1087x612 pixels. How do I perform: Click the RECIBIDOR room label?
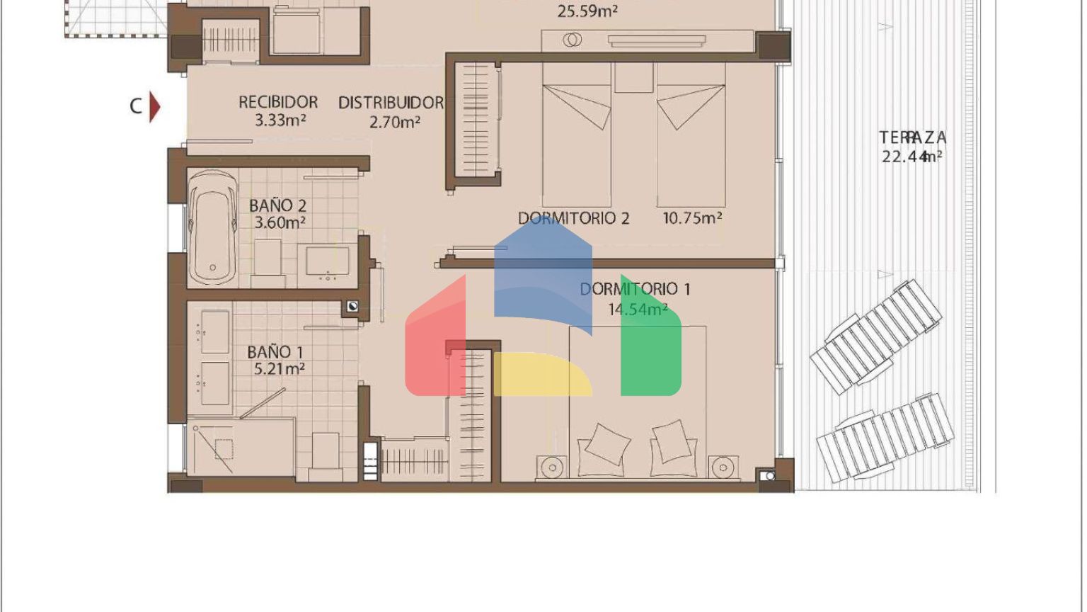click(x=278, y=103)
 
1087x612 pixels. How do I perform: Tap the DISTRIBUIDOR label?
click(x=391, y=103)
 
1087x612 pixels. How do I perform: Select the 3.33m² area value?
click(x=280, y=120)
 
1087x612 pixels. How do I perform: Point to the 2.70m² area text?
click(x=394, y=122)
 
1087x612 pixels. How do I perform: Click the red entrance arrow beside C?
click(x=154, y=107)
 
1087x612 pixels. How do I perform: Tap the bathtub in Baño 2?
click(x=212, y=227)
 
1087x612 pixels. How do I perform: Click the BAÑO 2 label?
click(x=277, y=206)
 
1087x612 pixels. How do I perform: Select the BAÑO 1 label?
click(x=275, y=352)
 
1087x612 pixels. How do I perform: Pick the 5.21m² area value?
click(x=280, y=369)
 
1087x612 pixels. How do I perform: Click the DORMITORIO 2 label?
click(x=574, y=219)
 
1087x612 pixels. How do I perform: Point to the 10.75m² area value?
click(x=693, y=218)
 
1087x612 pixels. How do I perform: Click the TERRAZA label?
click(x=912, y=138)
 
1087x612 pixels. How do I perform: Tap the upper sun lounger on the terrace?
click(x=876, y=337)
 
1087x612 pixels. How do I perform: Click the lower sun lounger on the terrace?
click(x=885, y=438)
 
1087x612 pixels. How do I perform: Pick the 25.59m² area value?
click(x=587, y=11)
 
